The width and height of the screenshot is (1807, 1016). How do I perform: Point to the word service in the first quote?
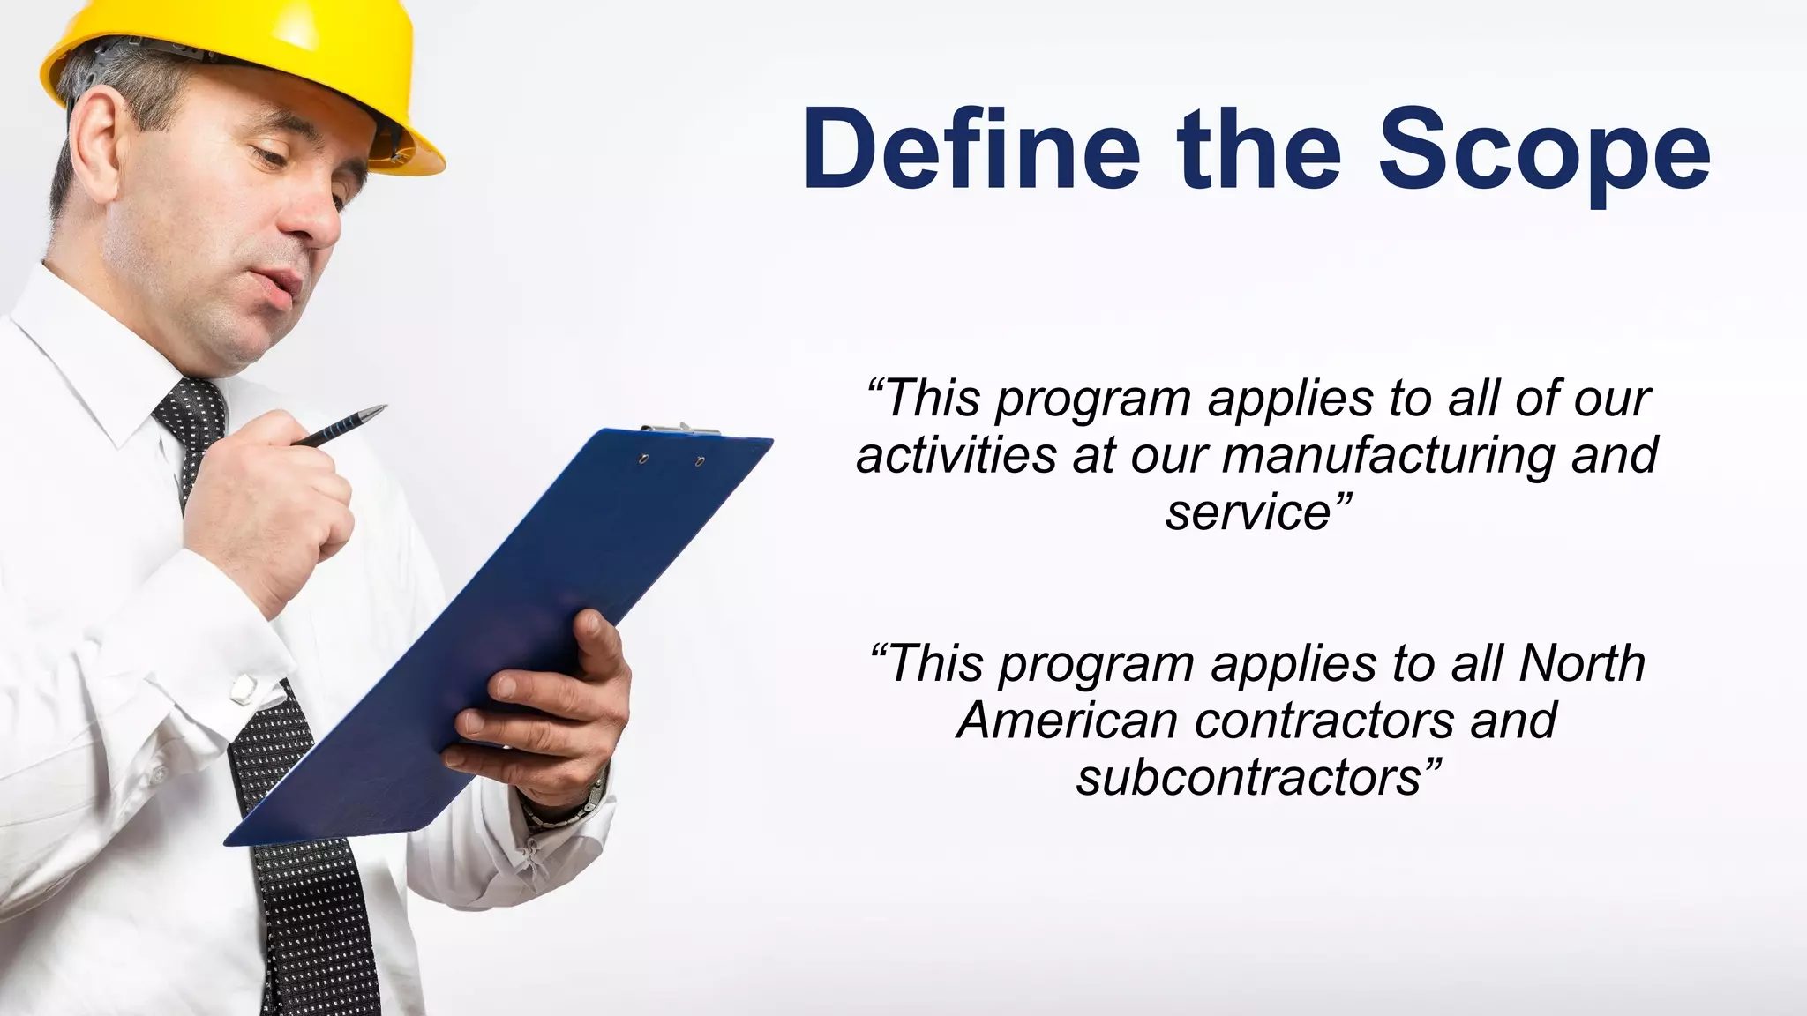[1248, 513]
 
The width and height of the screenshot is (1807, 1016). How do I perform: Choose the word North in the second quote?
[1581, 663]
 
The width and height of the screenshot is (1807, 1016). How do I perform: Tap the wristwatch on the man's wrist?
[574, 803]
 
